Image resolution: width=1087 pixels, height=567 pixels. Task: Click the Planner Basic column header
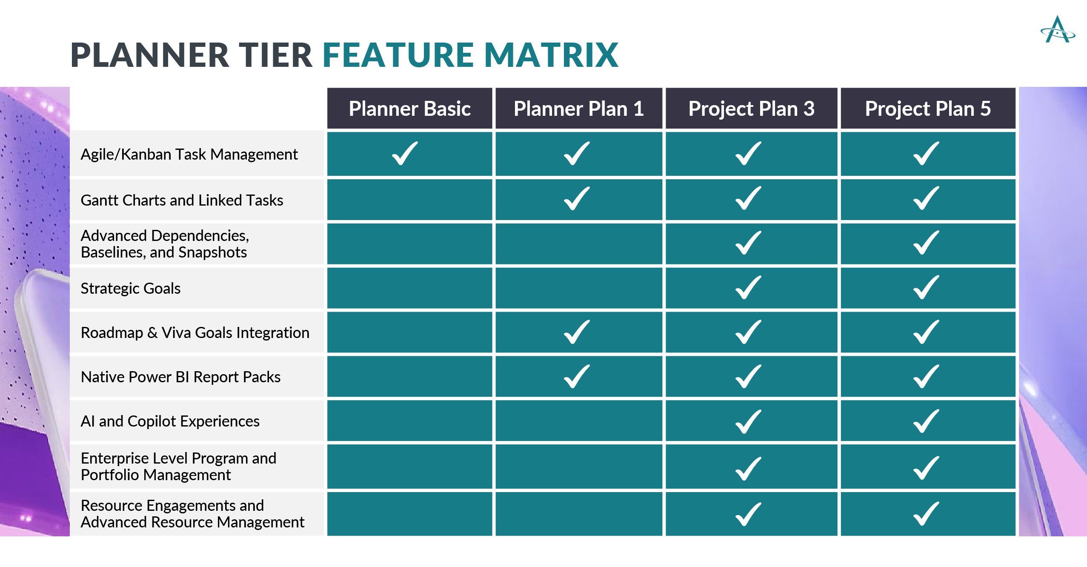(409, 109)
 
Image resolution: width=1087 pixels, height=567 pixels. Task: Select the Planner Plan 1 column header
(578, 109)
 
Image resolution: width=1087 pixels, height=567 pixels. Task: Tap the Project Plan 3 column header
(751, 109)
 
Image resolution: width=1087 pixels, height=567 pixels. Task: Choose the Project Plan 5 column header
(928, 109)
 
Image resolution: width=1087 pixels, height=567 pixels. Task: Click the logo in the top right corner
(1058, 30)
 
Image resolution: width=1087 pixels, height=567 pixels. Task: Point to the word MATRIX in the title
(551, 55)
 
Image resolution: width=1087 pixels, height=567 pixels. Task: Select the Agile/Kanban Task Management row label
(189, 154)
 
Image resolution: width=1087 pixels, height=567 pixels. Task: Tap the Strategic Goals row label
(131, 288)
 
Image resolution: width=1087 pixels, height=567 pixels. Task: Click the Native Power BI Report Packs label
(180, 377)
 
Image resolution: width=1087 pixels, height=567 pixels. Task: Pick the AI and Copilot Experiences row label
(170, 421)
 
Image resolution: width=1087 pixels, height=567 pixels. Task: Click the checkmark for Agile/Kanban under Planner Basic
(405, 153)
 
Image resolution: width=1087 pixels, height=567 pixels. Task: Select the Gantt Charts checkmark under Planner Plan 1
(577, 198)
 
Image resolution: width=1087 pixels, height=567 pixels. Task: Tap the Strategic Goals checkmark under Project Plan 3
(748, 287)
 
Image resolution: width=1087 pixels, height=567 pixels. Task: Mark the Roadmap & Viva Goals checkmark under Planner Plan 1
(577, 332)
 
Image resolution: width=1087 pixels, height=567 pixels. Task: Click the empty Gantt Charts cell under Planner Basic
(409, 200)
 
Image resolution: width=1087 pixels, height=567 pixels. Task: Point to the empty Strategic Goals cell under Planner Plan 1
(578, 288)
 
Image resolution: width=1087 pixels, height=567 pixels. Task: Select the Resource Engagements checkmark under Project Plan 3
(748, 514)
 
